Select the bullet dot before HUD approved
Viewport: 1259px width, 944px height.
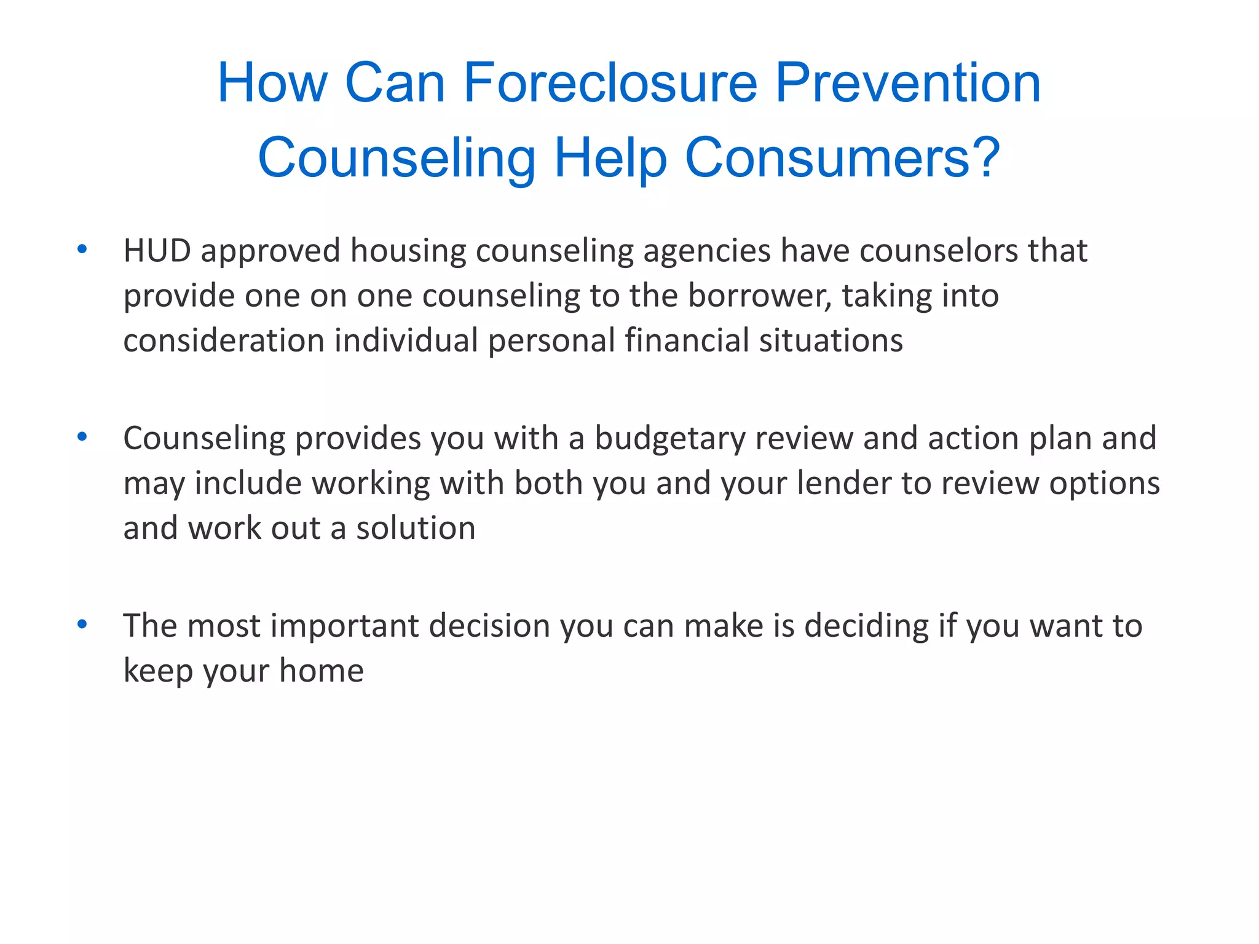82,249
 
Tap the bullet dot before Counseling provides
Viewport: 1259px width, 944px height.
82,437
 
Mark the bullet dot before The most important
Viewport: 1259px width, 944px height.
82,624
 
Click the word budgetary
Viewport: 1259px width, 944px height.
669,439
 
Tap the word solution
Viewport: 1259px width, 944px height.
416,528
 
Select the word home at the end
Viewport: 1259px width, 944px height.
322,671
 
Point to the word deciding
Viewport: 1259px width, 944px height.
866,627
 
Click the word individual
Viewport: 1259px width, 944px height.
406,340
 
